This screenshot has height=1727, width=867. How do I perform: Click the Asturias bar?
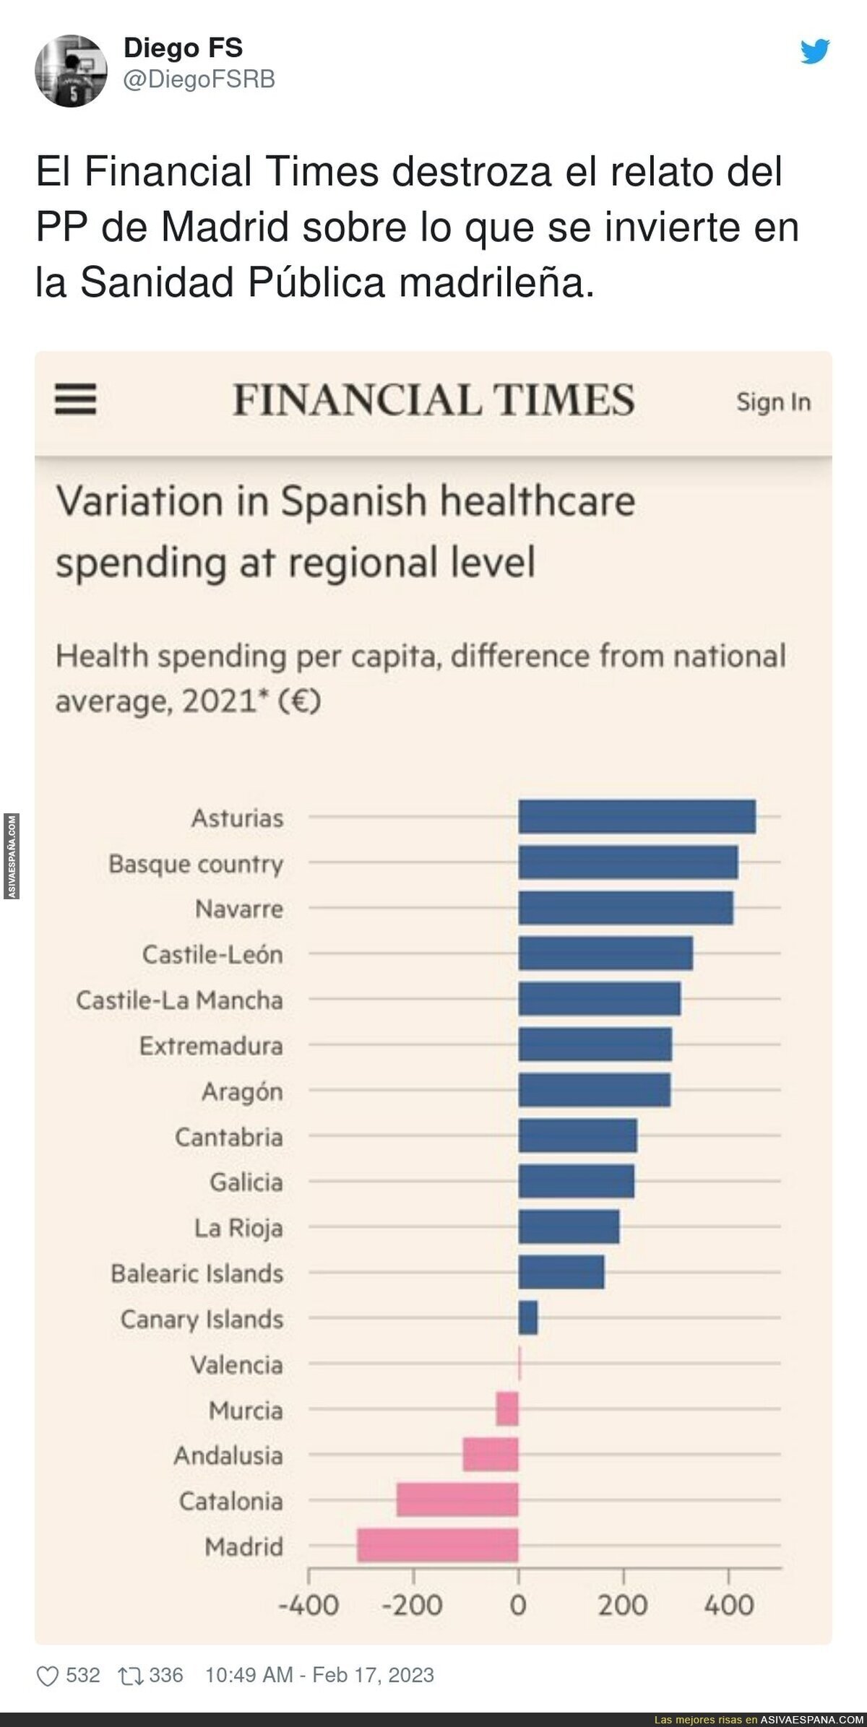pos(637,817)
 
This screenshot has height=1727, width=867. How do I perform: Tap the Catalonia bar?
pos(457,1499)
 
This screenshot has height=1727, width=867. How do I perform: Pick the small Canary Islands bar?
pos(528,1317)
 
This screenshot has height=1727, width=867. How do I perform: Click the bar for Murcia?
pos(507,1408)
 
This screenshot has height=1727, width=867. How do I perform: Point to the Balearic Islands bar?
pos(561,1272)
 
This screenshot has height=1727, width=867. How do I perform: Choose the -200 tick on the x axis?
pos(413,1605)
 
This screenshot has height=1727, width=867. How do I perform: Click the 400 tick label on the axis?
pos(728,1605)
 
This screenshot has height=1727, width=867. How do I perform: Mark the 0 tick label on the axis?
pos(518,1605)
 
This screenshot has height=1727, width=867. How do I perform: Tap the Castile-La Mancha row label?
pos(179,1000)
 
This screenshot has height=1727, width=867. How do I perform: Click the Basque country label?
pos(196,863)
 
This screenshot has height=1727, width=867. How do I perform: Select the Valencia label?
pos(236,1364)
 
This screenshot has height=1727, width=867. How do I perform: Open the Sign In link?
pos(773,402)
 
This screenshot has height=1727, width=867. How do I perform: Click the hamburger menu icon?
pos(76,399)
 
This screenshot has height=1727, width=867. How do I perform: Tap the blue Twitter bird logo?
pos(815,51)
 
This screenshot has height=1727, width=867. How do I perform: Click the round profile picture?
pos(71,71)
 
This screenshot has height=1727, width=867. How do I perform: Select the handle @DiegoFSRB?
pos(199,79)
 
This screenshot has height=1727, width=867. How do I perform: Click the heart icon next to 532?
pos(48,1676)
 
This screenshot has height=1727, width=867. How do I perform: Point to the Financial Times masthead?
pos(433,400)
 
